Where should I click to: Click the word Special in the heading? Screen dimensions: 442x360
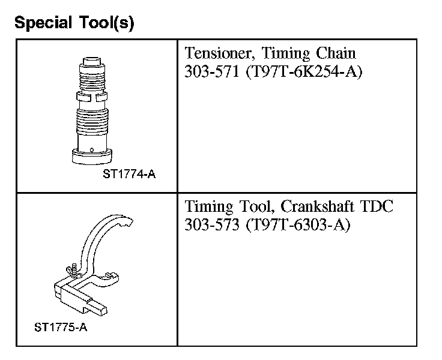(43, 23)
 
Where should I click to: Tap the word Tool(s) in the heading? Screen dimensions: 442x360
(106, 23)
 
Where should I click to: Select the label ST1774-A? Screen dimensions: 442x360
(129, 174)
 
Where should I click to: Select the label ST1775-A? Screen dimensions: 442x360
(61, 328)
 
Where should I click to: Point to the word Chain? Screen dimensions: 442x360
(336, 53)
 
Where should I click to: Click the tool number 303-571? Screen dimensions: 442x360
(212, 71)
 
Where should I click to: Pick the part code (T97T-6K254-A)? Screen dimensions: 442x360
(304, 72)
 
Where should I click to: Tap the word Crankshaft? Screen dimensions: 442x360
(318, 206)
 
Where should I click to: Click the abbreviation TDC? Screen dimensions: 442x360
(377, 206)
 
